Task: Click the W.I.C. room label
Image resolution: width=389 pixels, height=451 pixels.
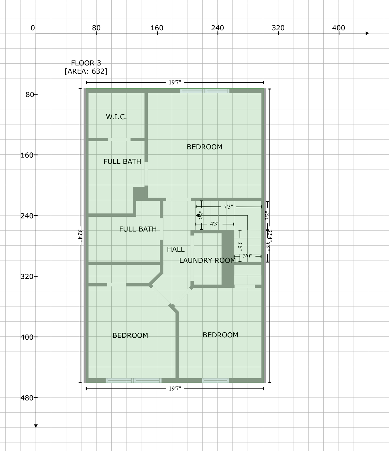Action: [116, 117]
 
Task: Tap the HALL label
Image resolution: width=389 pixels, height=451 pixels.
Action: [176, 249]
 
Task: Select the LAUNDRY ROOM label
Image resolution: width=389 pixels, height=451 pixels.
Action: [207, 260]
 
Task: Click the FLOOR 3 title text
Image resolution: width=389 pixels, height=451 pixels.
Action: [86, 63]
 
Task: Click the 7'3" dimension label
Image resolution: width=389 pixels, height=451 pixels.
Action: [228, 207]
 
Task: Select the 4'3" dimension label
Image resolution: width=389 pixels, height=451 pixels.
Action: [215, 224]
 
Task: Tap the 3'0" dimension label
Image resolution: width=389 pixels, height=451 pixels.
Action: [247, 256]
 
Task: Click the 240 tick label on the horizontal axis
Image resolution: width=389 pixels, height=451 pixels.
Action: [217, 28]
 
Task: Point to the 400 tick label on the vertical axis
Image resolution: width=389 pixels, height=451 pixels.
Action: [27, 337]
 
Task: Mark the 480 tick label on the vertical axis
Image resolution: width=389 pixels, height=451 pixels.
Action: [27, 398]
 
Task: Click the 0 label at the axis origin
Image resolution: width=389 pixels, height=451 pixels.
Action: [33, 28]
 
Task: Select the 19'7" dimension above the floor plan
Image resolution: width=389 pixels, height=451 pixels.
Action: [175, 83]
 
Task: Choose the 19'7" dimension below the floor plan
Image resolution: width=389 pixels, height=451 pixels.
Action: [175, 389]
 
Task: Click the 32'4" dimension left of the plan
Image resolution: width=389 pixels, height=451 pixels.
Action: [80, 235]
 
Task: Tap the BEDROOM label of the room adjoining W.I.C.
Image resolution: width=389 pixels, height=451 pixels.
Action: [204, 147]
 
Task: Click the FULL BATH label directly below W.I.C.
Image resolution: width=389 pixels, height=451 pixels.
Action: [122, 161]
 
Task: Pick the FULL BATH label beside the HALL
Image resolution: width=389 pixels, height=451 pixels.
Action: [138, 229]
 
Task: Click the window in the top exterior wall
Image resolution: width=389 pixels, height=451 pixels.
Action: [205, 91]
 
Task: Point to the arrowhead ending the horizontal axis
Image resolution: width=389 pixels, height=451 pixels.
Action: [367, 33]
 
